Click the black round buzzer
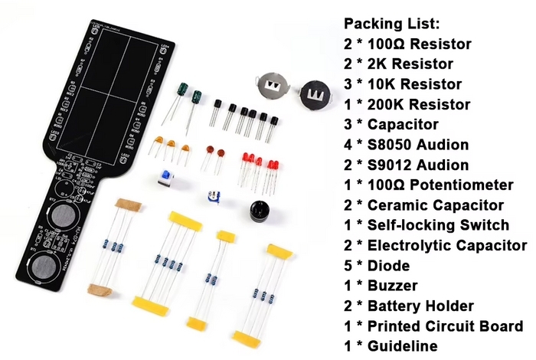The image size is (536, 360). pos(260,212)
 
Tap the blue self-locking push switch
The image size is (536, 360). pos(166,178)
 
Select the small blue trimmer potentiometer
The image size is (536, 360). pos(214,198)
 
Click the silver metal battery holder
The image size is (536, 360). pos(273,86)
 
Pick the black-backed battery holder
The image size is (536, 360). pos(315,96)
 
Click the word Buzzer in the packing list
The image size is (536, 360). pos(392,286)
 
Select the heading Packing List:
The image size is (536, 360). pos(392,24)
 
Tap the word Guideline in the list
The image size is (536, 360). pos(402,346)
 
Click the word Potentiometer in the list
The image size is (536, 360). pos(462,185)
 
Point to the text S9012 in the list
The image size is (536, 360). pos(389,165)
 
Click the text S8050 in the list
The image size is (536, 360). pos(389,145)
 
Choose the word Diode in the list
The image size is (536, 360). pos(389,266)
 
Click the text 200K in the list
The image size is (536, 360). pos(384,104)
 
